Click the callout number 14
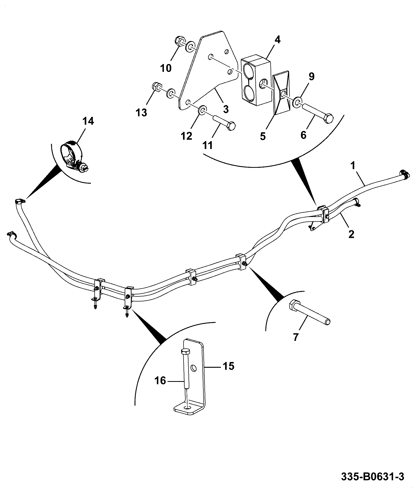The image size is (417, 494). (88, 122)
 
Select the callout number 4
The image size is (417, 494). (278, 40)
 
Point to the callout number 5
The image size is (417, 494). (263, 136)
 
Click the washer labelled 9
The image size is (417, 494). (297, 102)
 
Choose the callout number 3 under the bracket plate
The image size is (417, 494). (226, 109)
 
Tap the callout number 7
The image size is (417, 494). (295, 337)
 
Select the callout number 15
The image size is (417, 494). (228, 366)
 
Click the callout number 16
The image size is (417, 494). (160, 381)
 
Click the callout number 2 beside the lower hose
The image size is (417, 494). (351, 234)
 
